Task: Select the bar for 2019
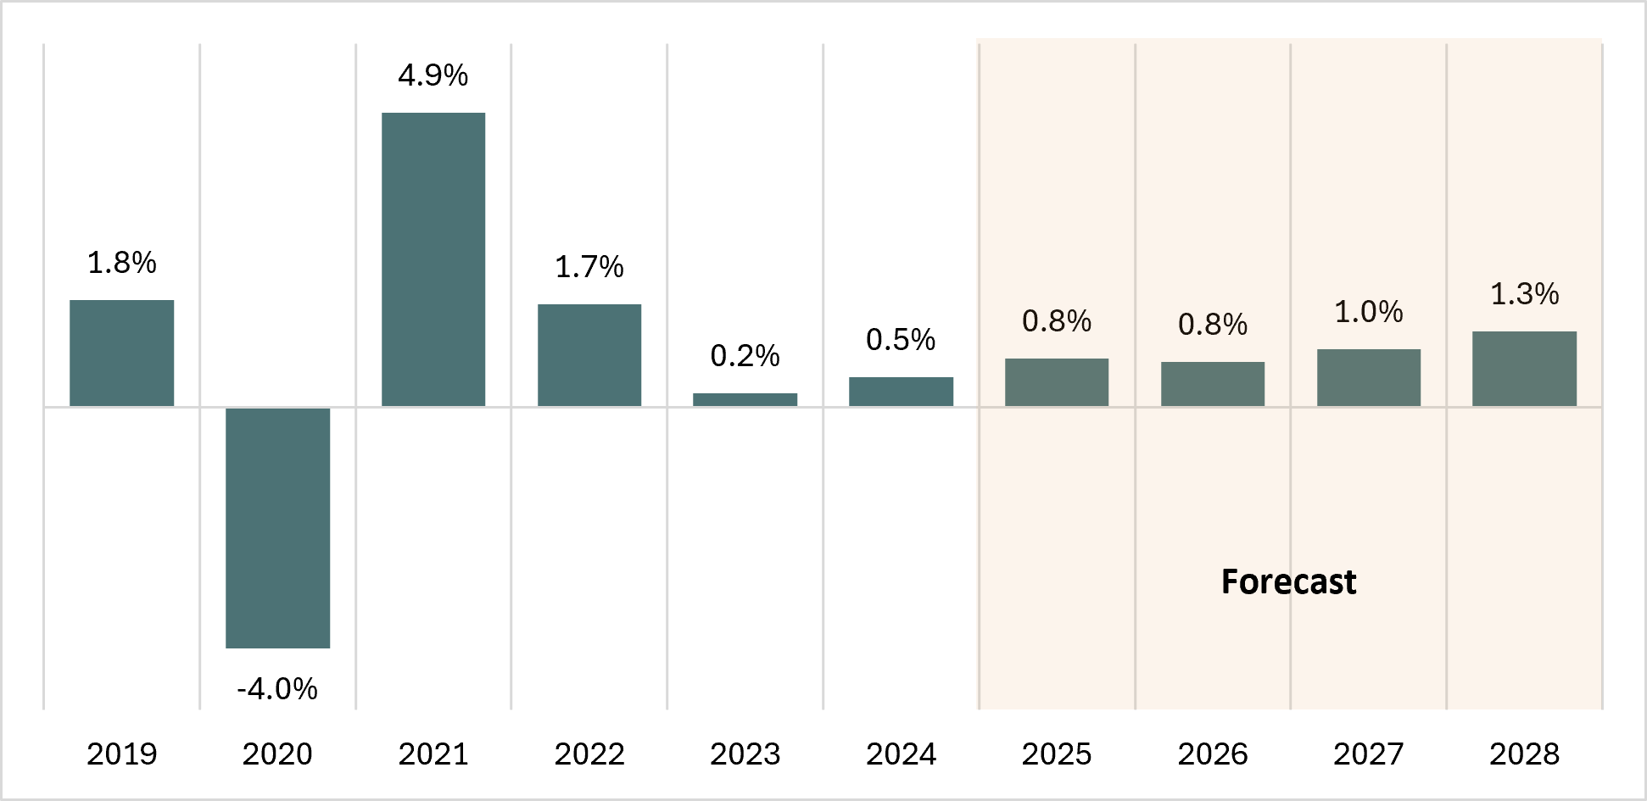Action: pyautogui.click(x=121, y=353)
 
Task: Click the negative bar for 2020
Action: pyautogui.click(x=277, y=527)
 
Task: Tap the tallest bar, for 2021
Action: pyautogui.click(x=433, y=259)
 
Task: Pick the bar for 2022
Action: pyautogui.click(x=589, y=354)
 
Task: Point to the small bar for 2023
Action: pyautogui.click(x=745, y=399)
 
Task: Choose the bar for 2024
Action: pyautogui.click(x=901, y=392)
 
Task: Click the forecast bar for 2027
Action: pyautogui.click(x=1368, y=377)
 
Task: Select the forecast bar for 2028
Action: pyautogui.click(x=1524, y=369)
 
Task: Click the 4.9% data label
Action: pyautogui.click(x=433, y=75)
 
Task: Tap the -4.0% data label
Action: pyautogui.click(x=277, y=688)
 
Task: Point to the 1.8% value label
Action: pyautogui.click(x=121, y=263)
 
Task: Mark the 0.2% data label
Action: pyautogui.click(x=745, y=356)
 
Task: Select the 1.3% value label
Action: pyautogui.click(x=1524, y=294)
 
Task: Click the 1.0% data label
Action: pyautogui.click(x=1368, y=312)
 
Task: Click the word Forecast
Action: pyautogui.click(x=1288, y=581)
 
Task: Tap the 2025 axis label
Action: pyautogui.click(x=1057, y=754)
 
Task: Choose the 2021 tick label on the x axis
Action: pyautogui.click(x=433, y=754)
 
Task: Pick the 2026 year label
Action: pyautogui.click(x=1213, y=754)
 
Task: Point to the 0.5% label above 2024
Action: pyautogui.click(x=901, y=340)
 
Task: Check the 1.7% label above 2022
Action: pyautogui.click(x=589, y=267)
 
